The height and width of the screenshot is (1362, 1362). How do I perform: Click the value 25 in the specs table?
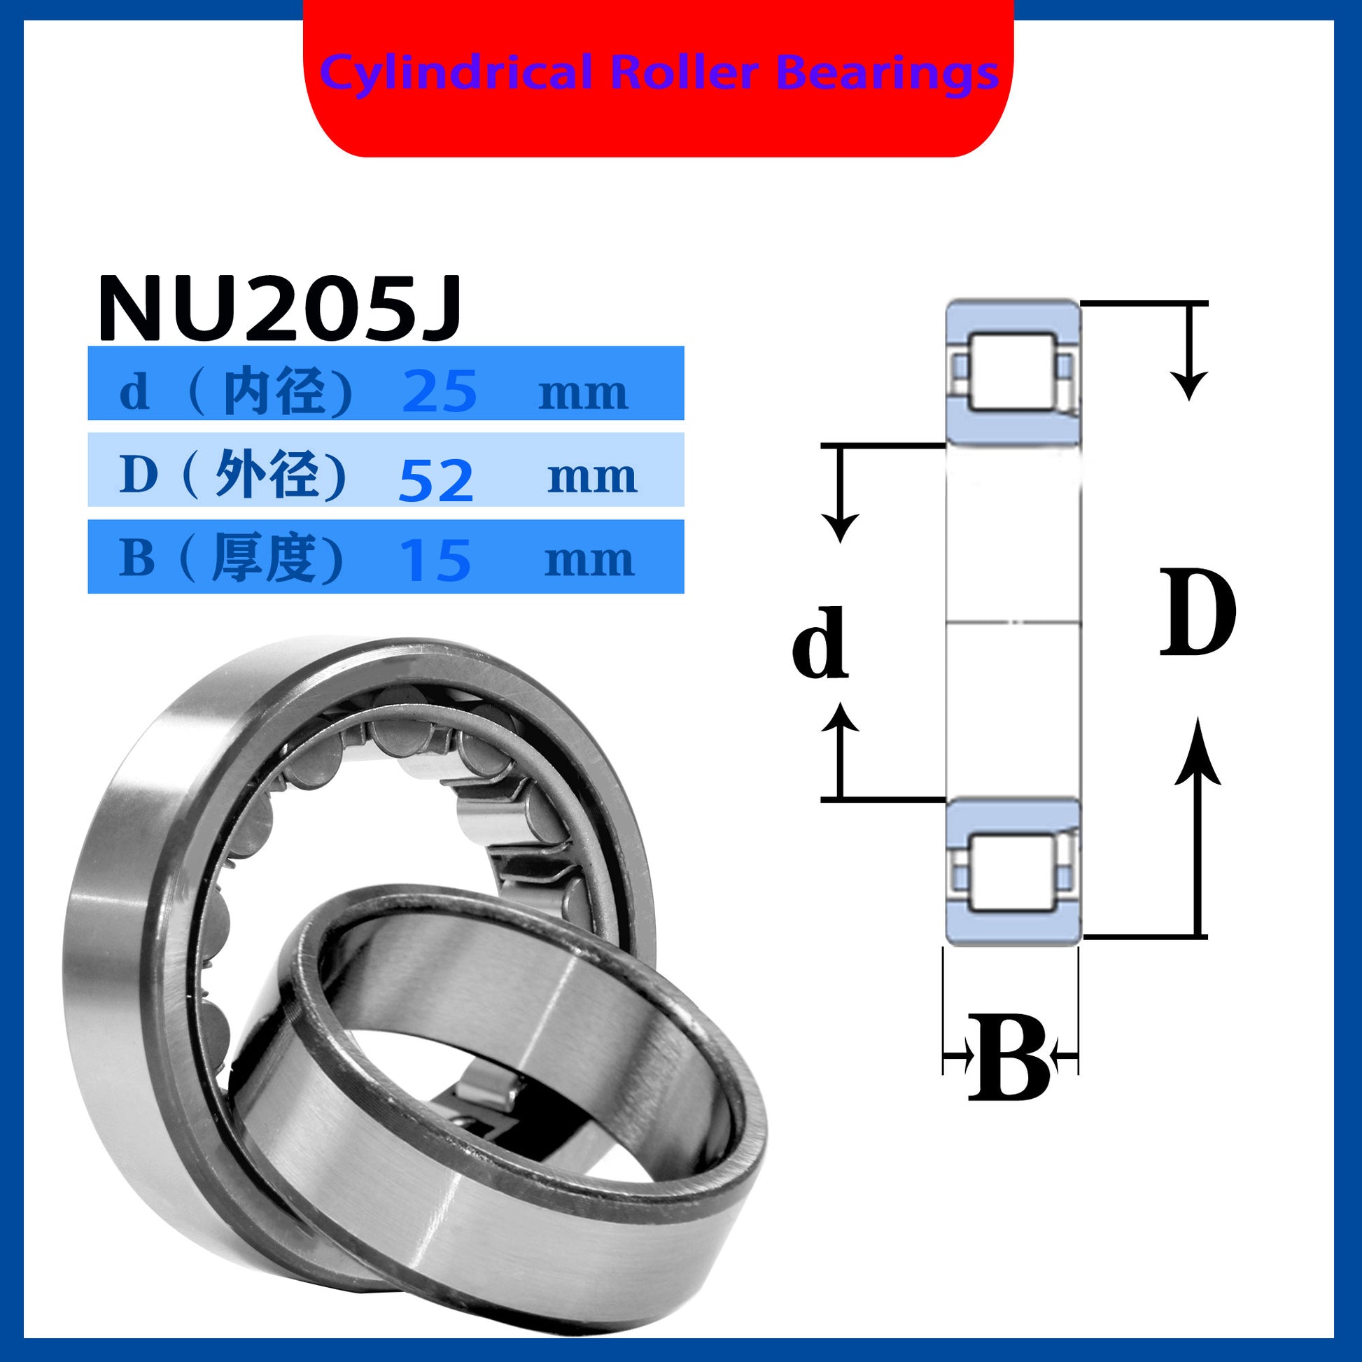pos(440,391)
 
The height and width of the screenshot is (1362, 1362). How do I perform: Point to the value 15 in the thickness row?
pos(435,561)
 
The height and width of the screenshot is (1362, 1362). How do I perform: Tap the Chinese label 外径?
pos(267,475)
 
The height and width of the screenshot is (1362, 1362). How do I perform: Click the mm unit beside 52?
pos(592,478)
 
